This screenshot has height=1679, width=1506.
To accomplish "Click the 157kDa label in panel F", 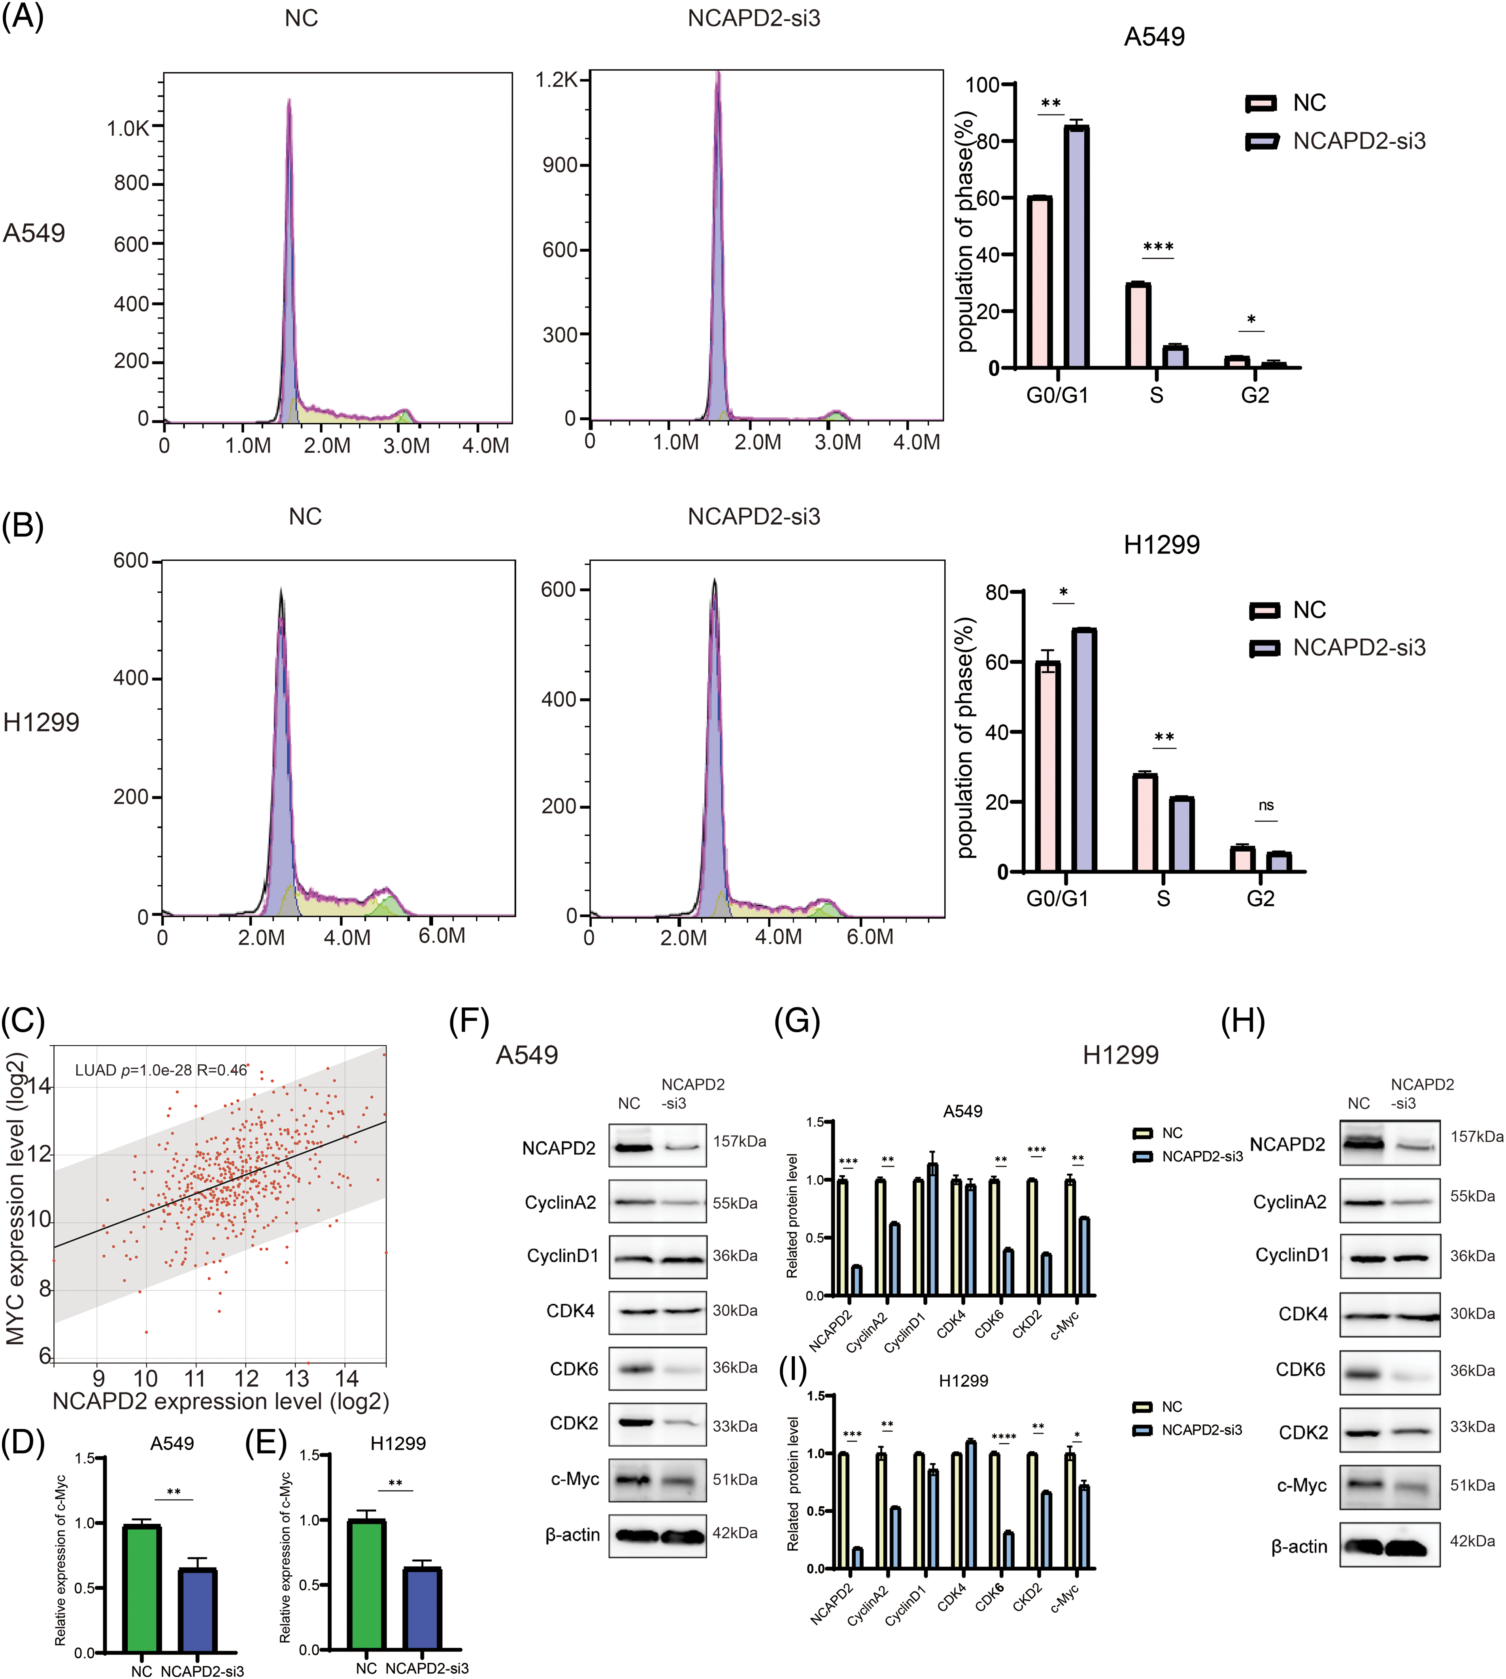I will (x=739, y=1141).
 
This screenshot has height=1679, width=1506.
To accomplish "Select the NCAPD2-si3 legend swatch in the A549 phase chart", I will (x=1263, y=141).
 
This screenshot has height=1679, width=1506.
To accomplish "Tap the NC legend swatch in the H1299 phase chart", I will (x=1264, y=610).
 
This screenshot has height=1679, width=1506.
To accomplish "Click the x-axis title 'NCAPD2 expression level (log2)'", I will (x=221, y=1401).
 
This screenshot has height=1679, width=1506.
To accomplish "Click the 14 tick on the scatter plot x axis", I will (x=347, y=1378).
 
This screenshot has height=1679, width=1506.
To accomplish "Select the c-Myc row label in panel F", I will (x=575, y=1479).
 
